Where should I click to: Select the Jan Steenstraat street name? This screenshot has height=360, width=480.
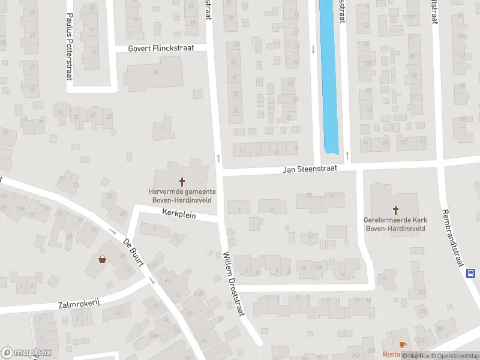(x=310, y=170)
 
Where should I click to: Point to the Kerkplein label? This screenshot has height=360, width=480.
(x=179, y=213)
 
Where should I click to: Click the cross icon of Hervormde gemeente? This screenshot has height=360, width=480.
(x=182, y=181)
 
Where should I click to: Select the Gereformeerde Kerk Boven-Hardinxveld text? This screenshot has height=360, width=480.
(x=395, y=224)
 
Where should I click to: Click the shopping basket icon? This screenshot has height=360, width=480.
(x=102, y=259)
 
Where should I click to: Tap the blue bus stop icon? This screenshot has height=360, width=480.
(x=471, y=272)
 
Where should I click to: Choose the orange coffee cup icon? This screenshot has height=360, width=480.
(x=402, y=344)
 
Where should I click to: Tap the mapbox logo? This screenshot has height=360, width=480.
(x=26, y=353)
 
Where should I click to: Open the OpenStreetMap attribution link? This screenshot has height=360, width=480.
(x=454, y=356)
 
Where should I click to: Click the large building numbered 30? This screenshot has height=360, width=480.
(x=155, y=76)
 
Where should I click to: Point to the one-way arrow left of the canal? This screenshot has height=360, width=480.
(x=313, y=49)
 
